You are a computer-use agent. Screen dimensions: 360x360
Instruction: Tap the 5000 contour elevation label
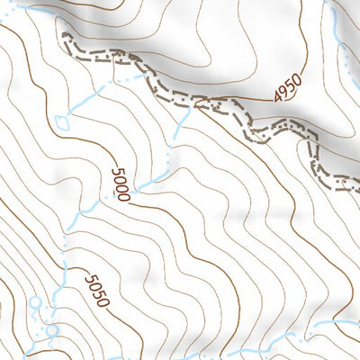tap(121, 184)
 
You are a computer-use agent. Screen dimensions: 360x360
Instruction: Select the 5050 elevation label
tap(96, 291)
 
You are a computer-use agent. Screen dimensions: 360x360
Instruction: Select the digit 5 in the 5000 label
tap(116, 171)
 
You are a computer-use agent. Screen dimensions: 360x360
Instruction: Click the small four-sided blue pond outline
tap(61, 120)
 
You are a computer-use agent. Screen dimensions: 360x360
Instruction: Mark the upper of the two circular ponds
tap(36, 302)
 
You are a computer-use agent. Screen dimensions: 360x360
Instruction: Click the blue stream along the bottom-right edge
tap(324, 326)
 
